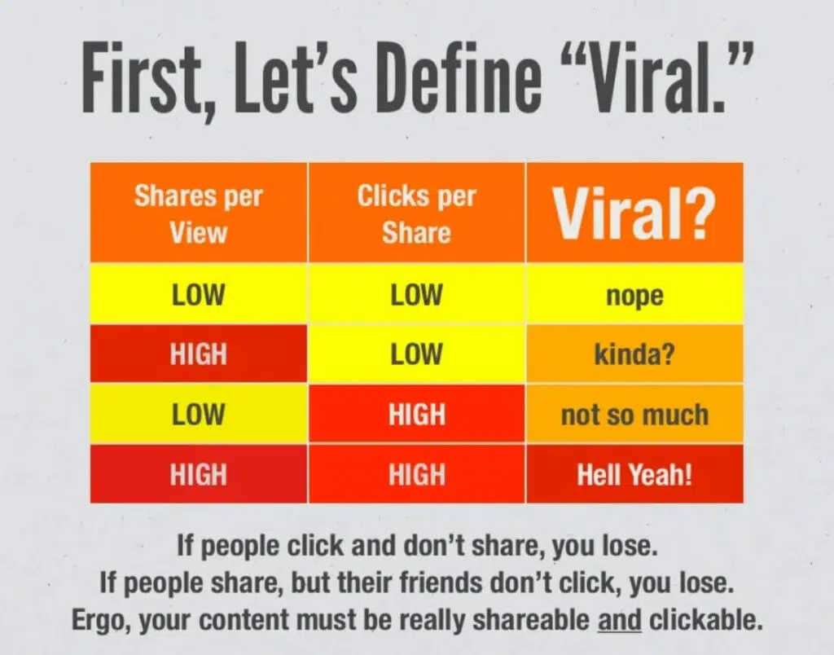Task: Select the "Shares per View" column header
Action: pyautogui.click(x=199, y=213)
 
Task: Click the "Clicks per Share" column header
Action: pyautogui.click(x=416, y=213)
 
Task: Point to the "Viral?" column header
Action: pyautogui.click(x=634, y=213)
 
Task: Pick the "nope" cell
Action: pyautogui.click(x=634, y=294)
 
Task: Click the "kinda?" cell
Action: pyautogui.click(x=634, y=354)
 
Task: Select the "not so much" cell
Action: pyautogui.click(x=634, y=413)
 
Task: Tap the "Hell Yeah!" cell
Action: pyautogui.click(x=634, y=473)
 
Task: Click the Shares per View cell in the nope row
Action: pyautogui.click(x=199, y=294)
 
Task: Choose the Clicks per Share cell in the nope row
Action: pyautogui.click(x=416, y=294)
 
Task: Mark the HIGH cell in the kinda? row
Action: pyautogui.click(x=199, y=354)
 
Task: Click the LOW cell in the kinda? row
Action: pyautogui.click(x=416, y=354)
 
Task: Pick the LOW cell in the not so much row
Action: pyautogui.click(x=199, y=413)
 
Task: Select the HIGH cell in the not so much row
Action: pyautogui.click(x=416, y=413)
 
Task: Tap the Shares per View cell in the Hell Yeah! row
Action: pyautogui.click(x=199, y=473)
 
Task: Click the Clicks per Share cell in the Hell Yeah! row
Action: pyautogui.click(x=416, y=473)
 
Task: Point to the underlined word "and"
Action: pyautogui.click(x=620, y=620)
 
